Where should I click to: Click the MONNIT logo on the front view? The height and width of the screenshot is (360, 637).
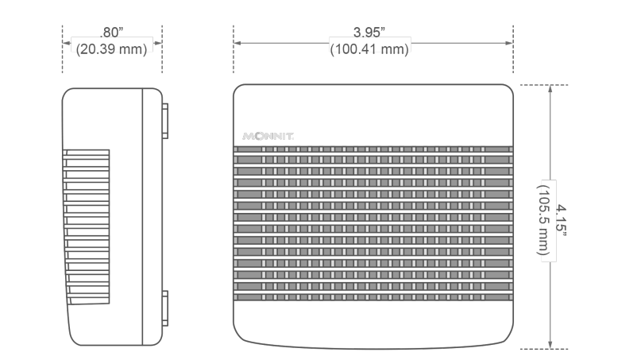coord(268,136)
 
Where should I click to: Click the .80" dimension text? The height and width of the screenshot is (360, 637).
coord(111,32)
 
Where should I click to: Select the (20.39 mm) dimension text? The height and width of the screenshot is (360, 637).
coord(111,49)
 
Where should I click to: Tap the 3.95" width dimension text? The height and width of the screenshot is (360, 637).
coord(369,32)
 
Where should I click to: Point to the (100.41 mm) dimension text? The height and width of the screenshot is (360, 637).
coord(369,49)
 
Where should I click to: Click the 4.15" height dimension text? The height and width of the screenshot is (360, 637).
coord(561,220)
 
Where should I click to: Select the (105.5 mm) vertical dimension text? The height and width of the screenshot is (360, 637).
coord(543,220)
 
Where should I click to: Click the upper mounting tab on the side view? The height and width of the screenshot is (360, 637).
coord(165,121)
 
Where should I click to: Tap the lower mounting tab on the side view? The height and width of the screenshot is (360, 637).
coord(165,308)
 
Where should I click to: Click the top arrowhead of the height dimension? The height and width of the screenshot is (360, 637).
coord(550,88)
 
